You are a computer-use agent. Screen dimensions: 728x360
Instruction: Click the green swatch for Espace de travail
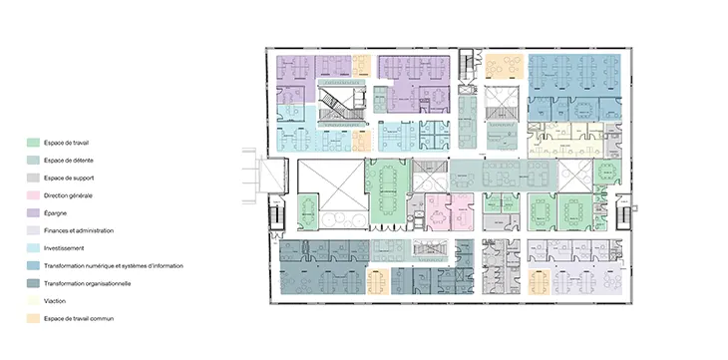[33, 143]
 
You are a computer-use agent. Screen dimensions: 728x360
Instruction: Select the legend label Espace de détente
[69, 161]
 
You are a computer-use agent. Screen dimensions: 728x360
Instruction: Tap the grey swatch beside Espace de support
[33, 178]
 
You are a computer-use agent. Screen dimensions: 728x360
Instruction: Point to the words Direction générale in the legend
[68, 195]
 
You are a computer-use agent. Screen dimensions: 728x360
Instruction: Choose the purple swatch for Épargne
[33, 212]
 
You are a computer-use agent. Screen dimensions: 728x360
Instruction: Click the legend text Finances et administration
[79, 230]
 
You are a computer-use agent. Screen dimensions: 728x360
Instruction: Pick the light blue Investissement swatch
[33, 248]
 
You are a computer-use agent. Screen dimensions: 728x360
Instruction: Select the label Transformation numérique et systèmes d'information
[114, 265]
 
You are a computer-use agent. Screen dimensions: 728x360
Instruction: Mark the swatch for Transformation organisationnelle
[33, 283]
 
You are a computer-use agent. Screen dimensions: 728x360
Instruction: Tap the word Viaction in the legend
[55, 301]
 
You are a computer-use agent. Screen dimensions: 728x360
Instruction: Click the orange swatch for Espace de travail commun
[33, 319]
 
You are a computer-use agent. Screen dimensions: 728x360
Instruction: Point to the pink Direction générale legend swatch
[33, 195]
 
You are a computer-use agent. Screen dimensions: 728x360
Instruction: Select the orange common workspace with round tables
[505, 66]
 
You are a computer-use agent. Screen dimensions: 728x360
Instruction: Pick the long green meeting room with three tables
[389, 191]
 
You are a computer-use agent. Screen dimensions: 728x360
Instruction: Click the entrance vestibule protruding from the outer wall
[271, 176]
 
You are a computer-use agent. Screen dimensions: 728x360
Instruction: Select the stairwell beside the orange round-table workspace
[467, 65]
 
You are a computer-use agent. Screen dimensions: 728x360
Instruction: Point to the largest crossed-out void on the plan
[331, 184]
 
